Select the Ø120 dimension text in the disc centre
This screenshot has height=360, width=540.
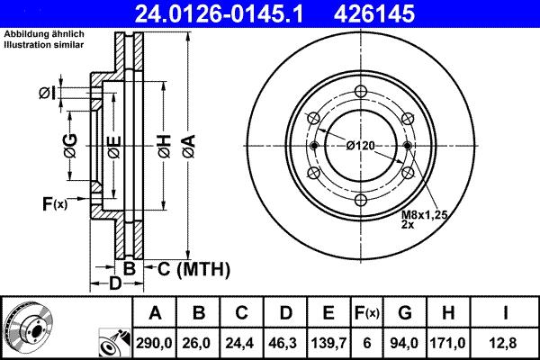(x=359, y=145)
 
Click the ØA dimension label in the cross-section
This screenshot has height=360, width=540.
(x=187, y=145)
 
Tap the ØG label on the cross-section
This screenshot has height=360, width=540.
(x=69, y=144)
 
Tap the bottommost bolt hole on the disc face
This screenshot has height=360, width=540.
(x=360, y=200)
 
